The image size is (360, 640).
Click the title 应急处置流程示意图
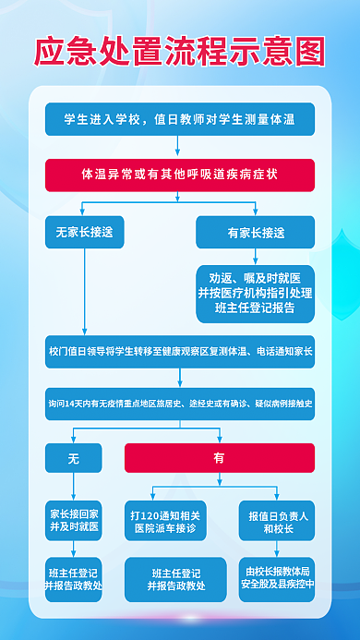pos(180,50)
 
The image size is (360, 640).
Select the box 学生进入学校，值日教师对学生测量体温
pos(180,119)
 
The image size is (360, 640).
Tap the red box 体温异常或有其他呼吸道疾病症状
pos(180,174)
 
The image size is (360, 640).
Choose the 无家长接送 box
pos(84,234)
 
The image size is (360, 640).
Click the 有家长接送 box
pos(256,234)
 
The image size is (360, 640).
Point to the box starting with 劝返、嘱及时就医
pos(256,293)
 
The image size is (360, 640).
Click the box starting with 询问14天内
pos(180,404)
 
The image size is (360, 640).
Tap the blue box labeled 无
pos(73,457)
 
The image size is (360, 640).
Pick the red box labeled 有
pos(219,457)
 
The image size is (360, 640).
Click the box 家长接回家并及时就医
pos(73,517)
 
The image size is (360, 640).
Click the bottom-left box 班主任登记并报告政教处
pos(73,577)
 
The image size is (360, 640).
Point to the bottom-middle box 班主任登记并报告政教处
pos(176,577)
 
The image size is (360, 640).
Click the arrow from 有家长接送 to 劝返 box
pos(256,257)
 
